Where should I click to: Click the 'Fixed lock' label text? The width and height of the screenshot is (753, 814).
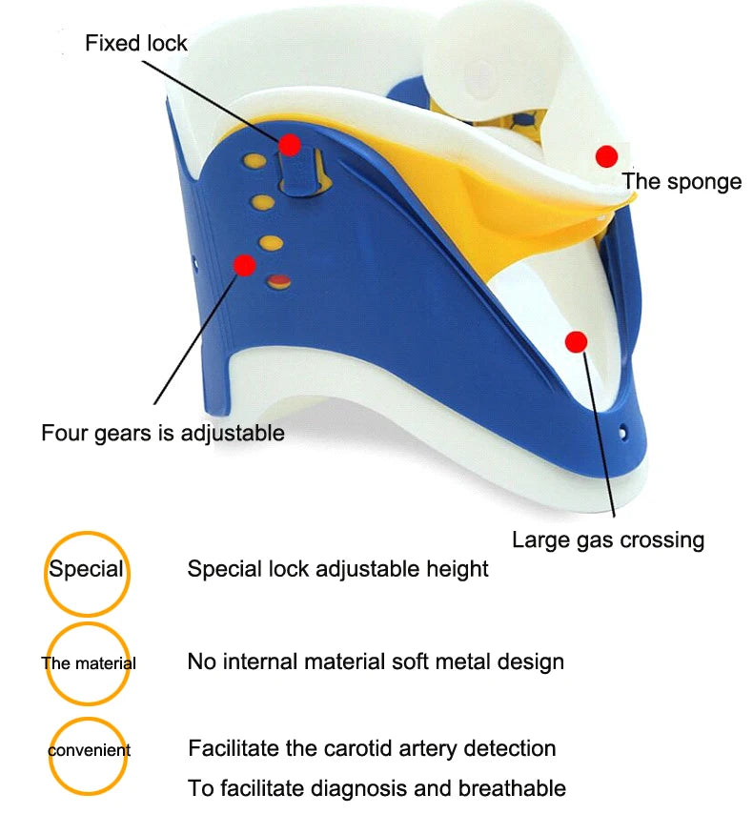click(x=136, y=43)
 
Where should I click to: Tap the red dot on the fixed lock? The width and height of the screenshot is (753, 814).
click(x=290, y=145)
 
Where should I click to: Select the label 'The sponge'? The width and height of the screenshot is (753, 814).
click(x=682, y=181)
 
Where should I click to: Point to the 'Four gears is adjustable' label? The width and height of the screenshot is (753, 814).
click(x=163, y=433)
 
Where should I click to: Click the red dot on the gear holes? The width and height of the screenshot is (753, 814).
click(x=245, y=264)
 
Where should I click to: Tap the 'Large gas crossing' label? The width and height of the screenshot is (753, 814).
click(x=608, y=539)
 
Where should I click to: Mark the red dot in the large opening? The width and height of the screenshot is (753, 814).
click(x=575, y=340)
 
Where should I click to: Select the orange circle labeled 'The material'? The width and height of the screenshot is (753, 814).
click(x=88, y=663)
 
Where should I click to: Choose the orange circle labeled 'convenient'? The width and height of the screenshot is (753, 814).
click(x=89, y=751)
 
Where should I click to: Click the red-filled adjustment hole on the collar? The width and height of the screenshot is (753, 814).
click(x=278, y=280)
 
